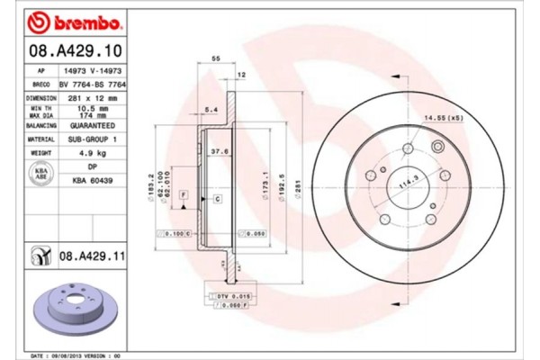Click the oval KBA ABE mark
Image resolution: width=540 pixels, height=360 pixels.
pyautogui.click(x=41, y=175)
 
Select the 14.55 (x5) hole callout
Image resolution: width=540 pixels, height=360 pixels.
pyautogui.click(x=445, y=117)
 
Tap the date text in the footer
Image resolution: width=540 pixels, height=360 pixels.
pyautogui.click(x=82, y=355)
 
